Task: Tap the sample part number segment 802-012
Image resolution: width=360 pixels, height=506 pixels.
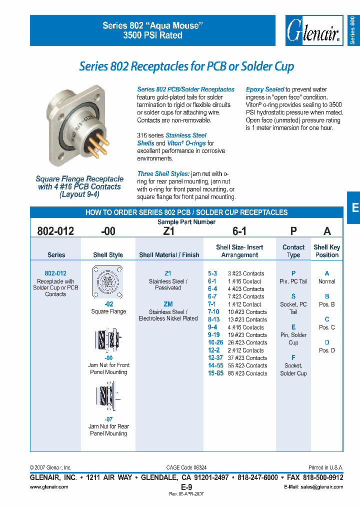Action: tap(55, 231)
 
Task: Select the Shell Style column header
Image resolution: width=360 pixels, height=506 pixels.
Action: tap(108, 255)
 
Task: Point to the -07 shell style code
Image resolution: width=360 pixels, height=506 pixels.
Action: tap(108, 419)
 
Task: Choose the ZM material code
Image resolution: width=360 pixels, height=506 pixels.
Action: tap(168, 304)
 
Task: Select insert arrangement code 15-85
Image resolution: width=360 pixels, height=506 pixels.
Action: tap(216, 373)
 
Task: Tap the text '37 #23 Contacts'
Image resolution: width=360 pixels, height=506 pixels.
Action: tap(247, 358)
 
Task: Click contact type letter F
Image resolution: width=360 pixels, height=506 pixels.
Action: tap(293, 357)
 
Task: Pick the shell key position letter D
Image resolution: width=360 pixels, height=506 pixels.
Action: tap(327, 342)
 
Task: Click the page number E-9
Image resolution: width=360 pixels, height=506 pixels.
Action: tap(186, 486)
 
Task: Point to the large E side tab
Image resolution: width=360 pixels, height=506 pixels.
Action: tap(354, 207)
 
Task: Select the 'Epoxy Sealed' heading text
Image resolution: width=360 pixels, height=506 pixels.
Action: tap(265, 89)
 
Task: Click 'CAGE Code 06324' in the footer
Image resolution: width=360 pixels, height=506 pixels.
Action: tap(186, 467)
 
